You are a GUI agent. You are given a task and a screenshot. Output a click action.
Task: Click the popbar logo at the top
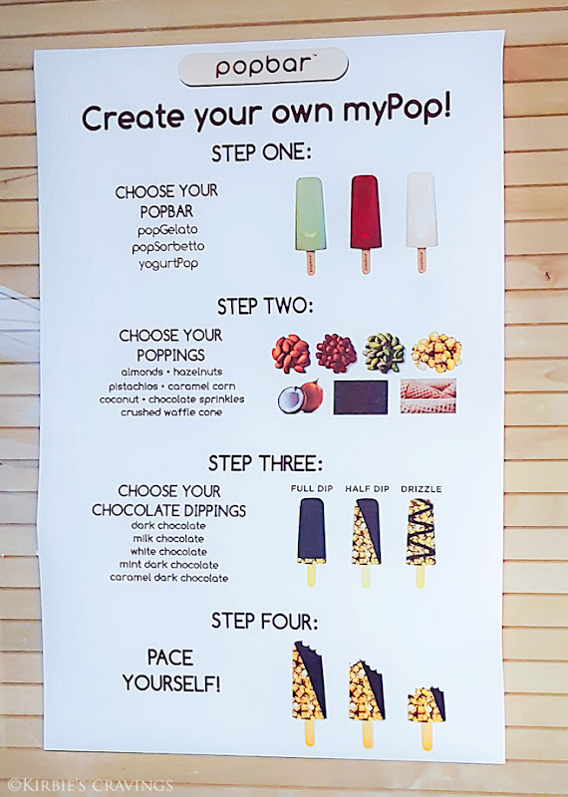tap(263, 66)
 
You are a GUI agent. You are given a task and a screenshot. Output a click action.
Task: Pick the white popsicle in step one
tap(422, 222)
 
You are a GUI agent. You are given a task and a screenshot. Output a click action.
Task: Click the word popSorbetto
tap(168, 247)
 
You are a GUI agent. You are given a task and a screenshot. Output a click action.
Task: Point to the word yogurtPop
tap(168, 264)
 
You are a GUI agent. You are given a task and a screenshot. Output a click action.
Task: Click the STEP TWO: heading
tap(265, 307)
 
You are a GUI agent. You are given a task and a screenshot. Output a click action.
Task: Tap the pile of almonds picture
tap(291, 353)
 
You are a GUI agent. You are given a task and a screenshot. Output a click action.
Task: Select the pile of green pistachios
tap(384, 353)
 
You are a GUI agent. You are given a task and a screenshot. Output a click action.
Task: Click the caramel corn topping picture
tap(436, 353)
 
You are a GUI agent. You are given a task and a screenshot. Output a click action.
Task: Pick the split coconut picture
tap(301, 397)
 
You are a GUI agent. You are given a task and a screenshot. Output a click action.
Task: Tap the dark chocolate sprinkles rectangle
tap(361, 397)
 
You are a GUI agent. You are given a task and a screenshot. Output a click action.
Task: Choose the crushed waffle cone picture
tap(427, 396)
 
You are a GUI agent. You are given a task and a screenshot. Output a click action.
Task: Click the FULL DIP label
tap(312, 488)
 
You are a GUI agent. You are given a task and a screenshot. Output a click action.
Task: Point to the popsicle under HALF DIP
tap(366, 542)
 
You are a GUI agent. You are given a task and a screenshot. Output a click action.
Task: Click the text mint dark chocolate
tap(168, 565)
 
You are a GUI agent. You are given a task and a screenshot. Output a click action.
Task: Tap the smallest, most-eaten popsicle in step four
tap(426, 717)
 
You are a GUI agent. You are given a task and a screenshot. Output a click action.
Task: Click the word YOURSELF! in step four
tap(171, 683)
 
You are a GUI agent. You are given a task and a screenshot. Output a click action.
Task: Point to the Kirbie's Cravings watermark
tap(90, 785)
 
